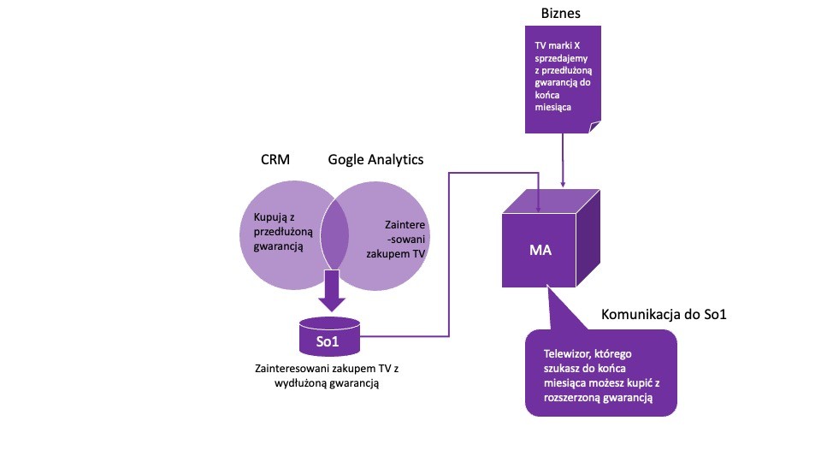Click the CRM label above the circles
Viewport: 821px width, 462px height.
pos(276,160)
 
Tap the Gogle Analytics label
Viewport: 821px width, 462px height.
pos(375,160)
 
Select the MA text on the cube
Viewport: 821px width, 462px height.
pos(540,252)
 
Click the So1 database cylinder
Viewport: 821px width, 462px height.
pos(329,338)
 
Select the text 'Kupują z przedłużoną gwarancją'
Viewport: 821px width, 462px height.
pos(280,231)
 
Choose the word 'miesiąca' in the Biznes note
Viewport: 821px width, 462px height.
pos(553,109)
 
